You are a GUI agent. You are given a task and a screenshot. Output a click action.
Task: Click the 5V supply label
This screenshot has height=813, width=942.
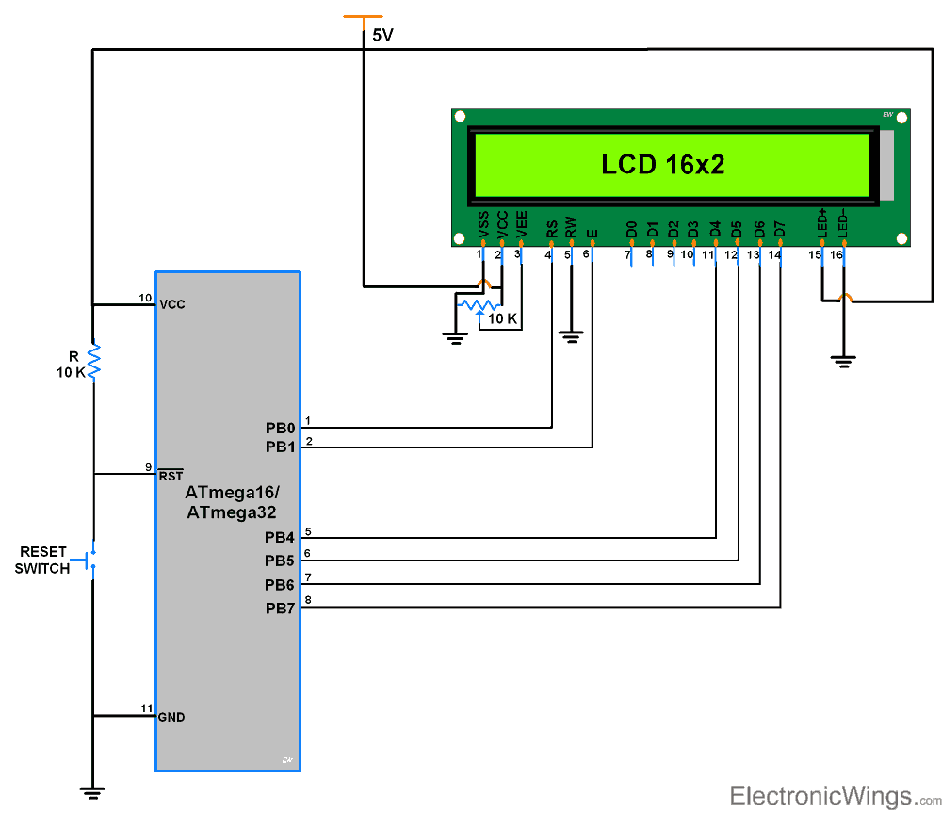pyautogui.click(x=383, y=36)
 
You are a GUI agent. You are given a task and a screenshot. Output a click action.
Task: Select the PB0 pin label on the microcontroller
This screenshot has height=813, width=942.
pyautogui.click(x=280, y=427)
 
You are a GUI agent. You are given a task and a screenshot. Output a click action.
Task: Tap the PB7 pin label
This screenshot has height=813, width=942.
pyautogui.click(x=280, y=609)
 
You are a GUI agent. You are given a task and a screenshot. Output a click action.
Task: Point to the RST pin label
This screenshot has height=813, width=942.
pyautogui.click(x=171, y=477)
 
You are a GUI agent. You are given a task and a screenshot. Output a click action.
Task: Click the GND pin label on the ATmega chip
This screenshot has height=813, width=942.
pyautogui.click(x=171, y=717)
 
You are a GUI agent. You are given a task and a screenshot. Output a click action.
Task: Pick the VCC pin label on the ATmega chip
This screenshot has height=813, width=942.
pyautogui.click(x=172, y=305)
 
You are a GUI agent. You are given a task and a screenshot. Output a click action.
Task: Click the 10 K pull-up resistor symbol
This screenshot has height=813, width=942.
pyautogui.click(x=93, y=361)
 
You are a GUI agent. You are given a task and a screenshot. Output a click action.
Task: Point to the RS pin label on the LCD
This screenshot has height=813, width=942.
pyautogui.click(x=551, y=229)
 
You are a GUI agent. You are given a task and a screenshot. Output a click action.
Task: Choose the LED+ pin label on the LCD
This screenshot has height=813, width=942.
pyautogui.click(x=822, y=223)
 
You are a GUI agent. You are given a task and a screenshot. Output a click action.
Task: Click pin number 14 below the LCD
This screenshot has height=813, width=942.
pyautogui.click(x=773, y=255)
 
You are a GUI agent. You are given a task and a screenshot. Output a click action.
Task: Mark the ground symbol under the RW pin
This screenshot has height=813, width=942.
pyautogui.click(x=571, y=335)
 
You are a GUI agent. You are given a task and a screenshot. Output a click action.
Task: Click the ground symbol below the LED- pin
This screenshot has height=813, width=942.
pyautogui.click(x=843, y=360)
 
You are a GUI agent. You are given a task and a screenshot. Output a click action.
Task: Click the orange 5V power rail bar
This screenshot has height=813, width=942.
pyautogui.click(x=363, y=17)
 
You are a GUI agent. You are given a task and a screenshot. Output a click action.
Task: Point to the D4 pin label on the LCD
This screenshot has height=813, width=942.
pyautogui.click(x=715, y=229)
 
